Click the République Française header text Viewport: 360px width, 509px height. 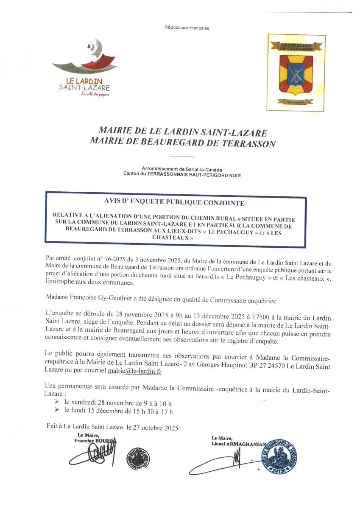(187, 28)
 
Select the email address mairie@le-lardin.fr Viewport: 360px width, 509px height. (135, 371)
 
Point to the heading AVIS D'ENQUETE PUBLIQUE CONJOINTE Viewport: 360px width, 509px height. (175, 203)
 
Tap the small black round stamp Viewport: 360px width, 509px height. (138, 458)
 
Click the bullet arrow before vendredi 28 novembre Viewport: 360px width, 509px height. (57, 401)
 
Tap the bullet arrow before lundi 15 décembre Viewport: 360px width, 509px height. (57, 411)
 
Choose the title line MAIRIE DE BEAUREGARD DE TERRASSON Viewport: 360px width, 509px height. (183, 143)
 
